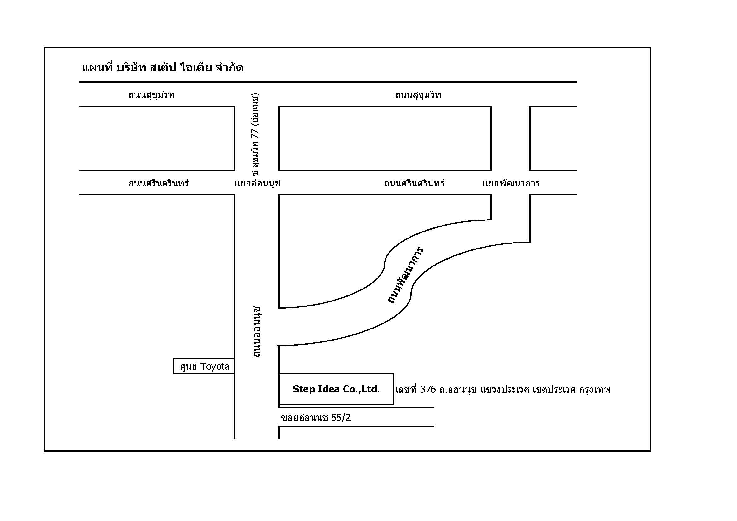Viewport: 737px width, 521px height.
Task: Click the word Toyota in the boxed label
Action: point(215,366)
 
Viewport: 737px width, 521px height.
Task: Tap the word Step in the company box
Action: point(303,389)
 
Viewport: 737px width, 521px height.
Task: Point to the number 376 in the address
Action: point(428,389)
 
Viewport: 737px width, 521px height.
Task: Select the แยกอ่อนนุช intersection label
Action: point(258,183)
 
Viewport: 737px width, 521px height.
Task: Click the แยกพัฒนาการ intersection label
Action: point(511,183)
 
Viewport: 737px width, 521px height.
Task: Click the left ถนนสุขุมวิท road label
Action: point(151,95)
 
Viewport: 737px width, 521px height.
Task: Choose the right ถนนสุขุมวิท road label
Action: point(418,95)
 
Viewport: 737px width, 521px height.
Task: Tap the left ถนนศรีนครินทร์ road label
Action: point(159,183)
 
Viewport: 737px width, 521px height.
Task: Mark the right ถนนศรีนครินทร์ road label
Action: point(415,183)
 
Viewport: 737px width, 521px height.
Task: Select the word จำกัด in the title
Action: point(229,67)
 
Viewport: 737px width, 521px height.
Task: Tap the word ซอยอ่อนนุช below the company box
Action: point(304,417)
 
